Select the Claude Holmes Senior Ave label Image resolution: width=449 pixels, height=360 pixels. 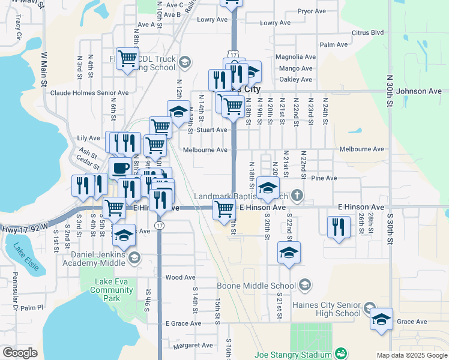pyautogui.click(x=89, y=93)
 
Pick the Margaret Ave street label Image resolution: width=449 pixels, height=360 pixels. pyautogui.click(x=193, y=346)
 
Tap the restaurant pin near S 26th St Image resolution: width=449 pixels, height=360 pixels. pyautogui.click(x=339, y=227)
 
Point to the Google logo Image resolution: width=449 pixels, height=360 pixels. pyautogui.click(x=20, y=353)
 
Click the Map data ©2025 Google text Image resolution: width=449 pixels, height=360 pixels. pyautogui.click(x=411, y=355)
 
